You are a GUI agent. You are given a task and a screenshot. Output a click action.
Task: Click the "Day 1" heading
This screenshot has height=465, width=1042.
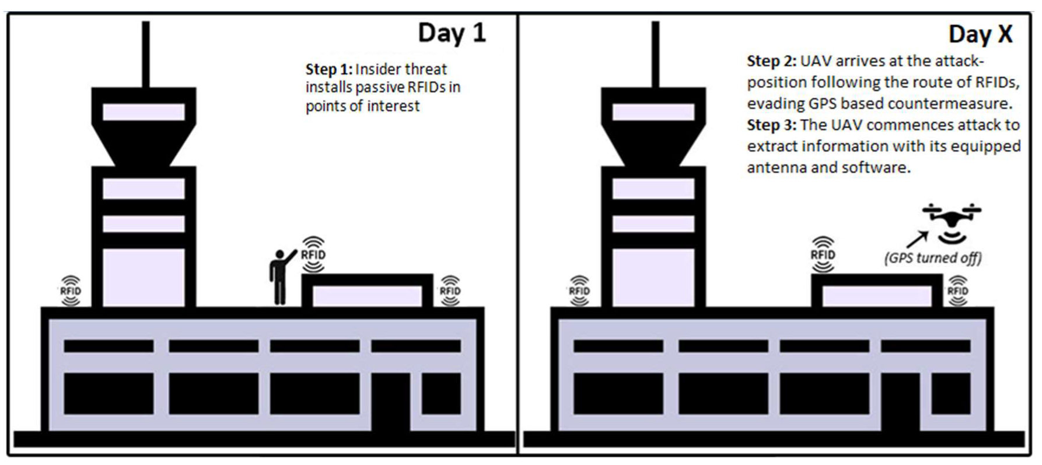pyautogui.click(x=452, y=33)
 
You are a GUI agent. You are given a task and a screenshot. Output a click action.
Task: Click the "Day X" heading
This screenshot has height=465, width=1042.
pyautogui.click(x=980, y=34)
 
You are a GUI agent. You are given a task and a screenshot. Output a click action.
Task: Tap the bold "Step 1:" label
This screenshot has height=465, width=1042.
pyautogui.click(x=329, y=69)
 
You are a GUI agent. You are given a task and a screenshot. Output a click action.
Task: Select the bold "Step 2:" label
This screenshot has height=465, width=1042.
pyautogui.click(x=771, y=61)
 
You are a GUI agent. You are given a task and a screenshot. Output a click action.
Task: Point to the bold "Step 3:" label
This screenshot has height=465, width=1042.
pyautogui.click(x=771, y=125)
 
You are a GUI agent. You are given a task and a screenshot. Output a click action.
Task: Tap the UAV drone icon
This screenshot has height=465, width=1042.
pyautogui.click(x=952, y=222)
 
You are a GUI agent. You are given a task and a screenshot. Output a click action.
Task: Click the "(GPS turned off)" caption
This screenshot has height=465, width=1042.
pyautogui.click(x=933, y=258)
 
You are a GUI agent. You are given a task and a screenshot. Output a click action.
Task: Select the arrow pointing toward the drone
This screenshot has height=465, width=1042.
pyautogui.click(x=916, y=239)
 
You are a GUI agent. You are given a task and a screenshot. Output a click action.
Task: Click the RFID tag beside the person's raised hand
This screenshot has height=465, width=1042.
pyautogui.click(x=313, y=255)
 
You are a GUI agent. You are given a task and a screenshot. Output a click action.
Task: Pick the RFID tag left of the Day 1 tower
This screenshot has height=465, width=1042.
pyautogui.click(x=71, y=291)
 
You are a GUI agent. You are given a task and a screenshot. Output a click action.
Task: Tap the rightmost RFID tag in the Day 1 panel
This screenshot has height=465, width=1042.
pyautogui.click(x=450, y=291)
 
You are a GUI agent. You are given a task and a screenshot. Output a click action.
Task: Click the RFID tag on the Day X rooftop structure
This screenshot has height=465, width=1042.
pyautogui.click(x=823, y=255)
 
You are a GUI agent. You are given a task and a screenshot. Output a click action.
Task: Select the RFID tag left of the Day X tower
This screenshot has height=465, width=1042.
pyautogui.click(x=579, y=291)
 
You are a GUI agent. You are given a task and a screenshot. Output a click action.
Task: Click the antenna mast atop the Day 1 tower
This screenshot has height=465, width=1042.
pyautogui.click(x=146, y=55)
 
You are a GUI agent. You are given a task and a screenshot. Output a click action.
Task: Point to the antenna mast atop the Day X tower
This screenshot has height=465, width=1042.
pyautogui.click(x=656, y=55)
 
